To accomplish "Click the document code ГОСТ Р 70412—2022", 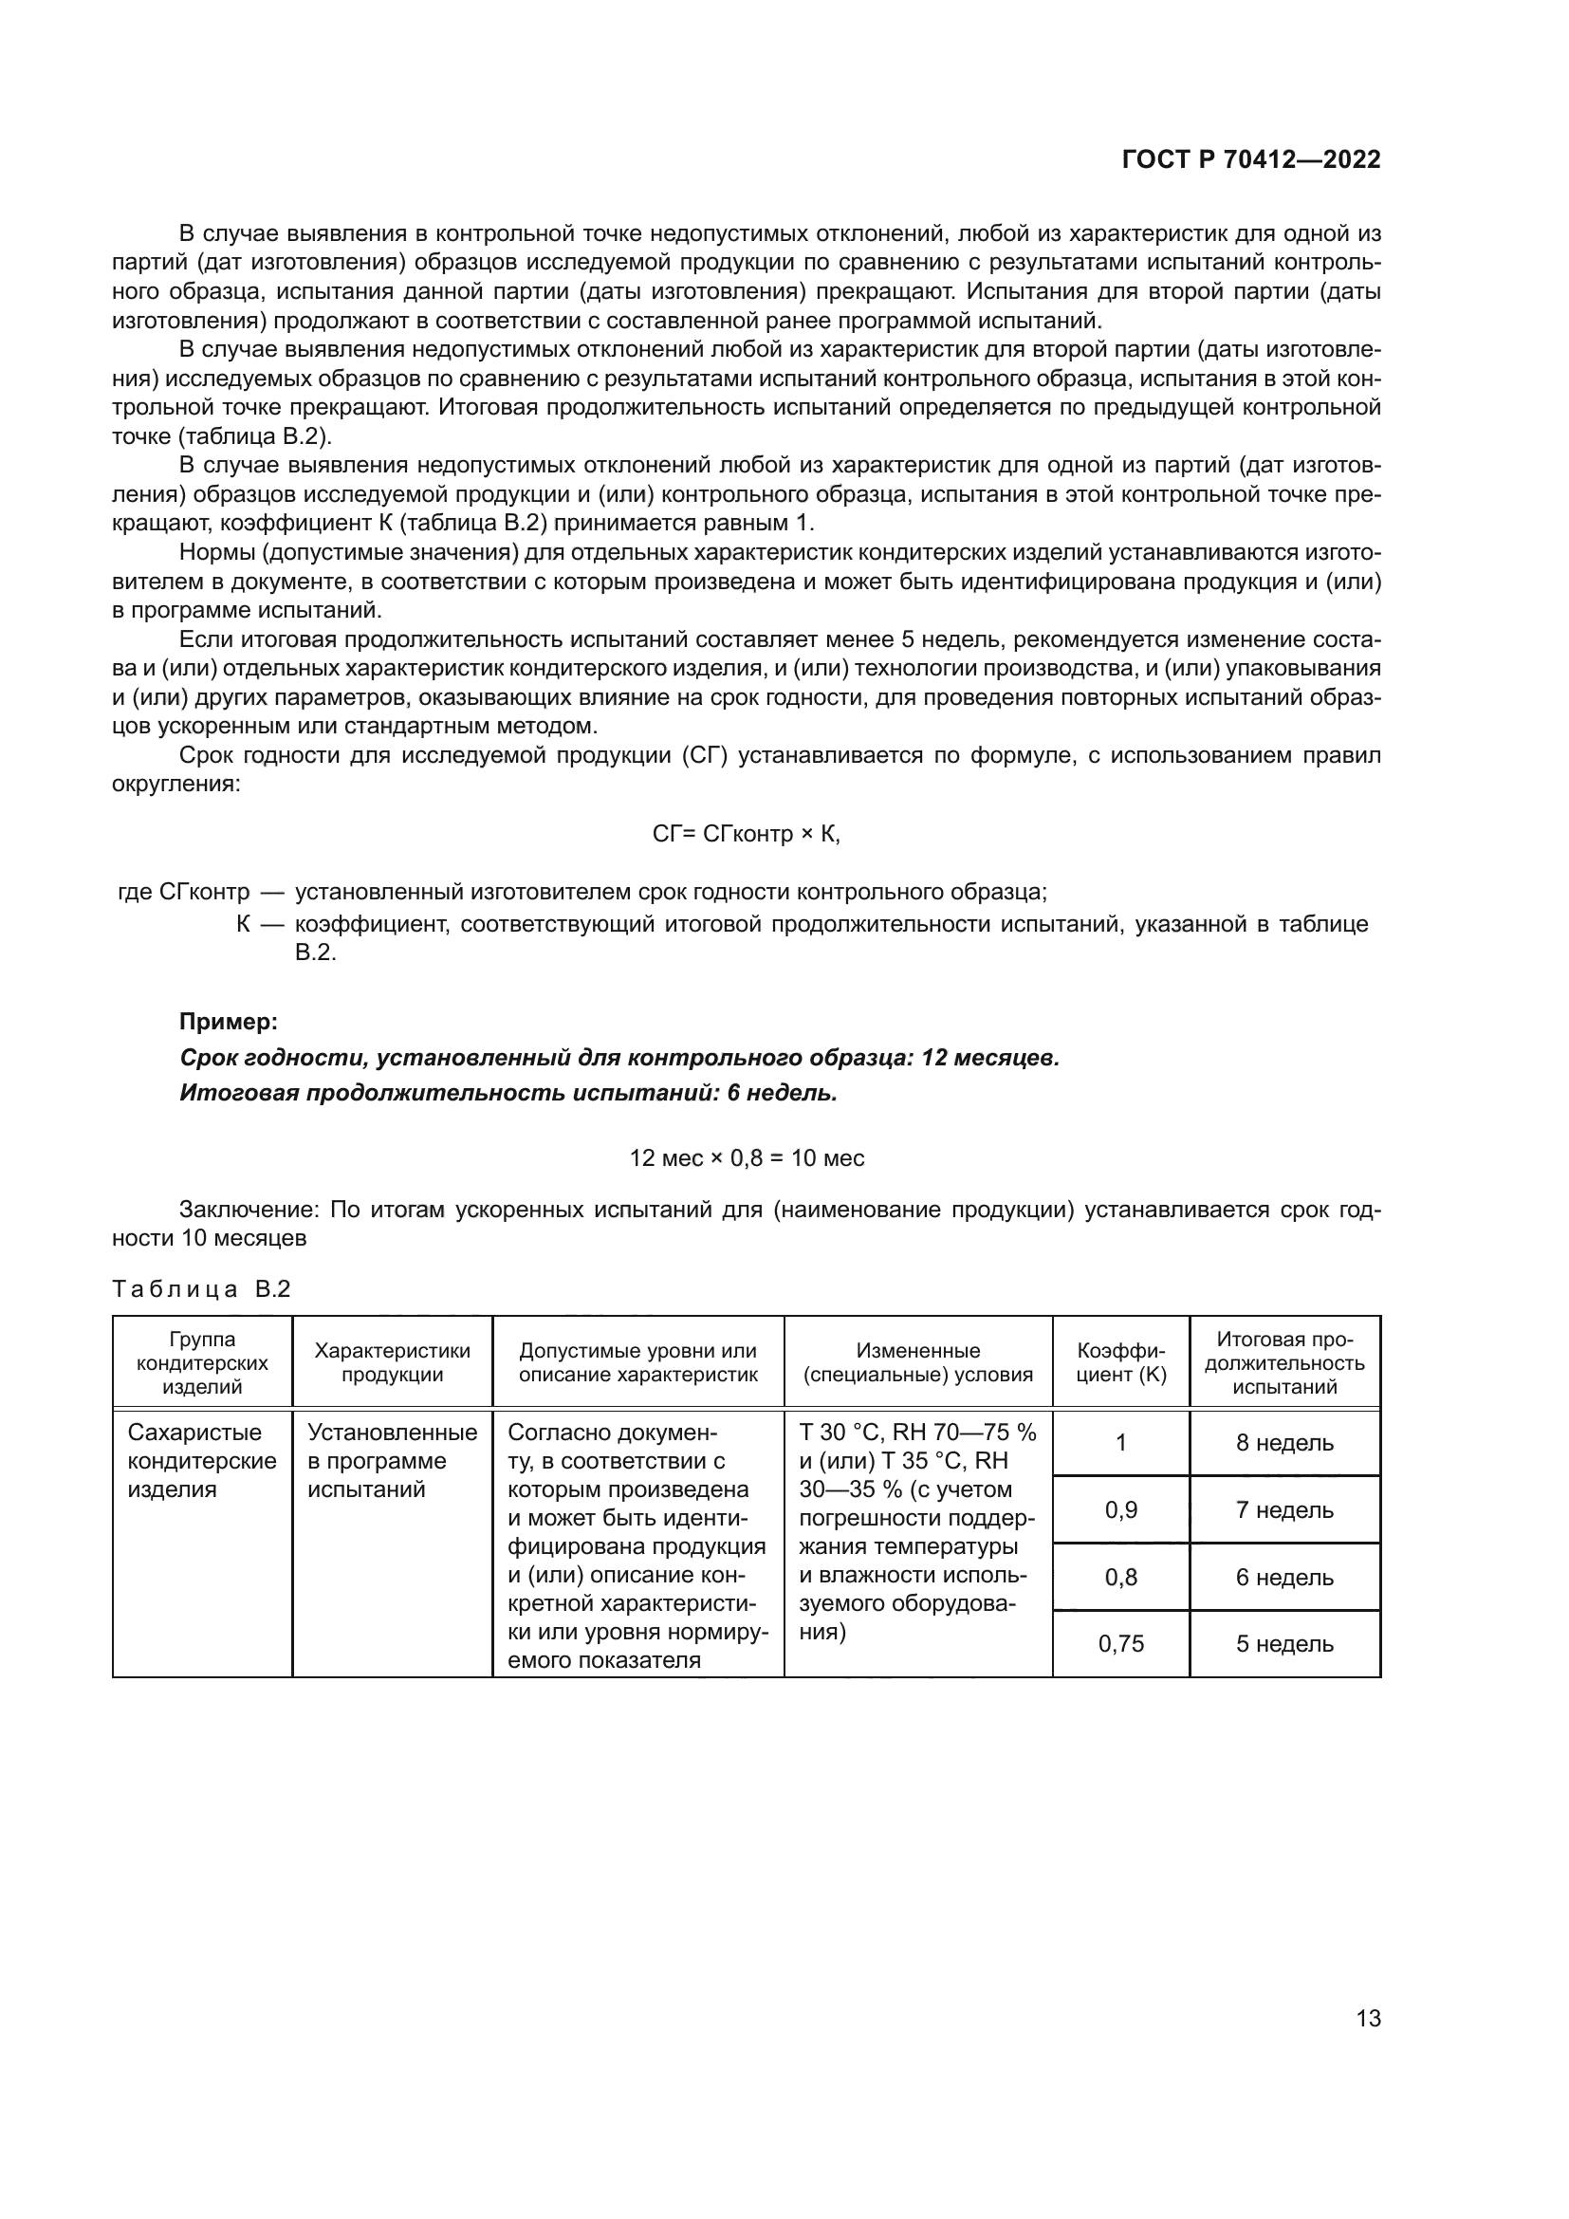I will tap(1251, 159).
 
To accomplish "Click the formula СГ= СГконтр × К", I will tap(746, 834).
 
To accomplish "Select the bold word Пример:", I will tap(229, 1021).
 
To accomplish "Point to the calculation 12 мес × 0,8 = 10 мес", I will tap(746, 1156).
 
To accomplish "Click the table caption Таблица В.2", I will tap(201, 1289).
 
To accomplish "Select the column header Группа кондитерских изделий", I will tap(202, 1362).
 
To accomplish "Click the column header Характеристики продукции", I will tap(393, 1362).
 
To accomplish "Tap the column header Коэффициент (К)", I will tap(1120, 1362).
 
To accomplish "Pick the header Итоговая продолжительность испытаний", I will tap(1284, 1362).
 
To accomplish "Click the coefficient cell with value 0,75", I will tap(1120, 1643).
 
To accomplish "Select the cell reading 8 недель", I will tap(1284, 1443).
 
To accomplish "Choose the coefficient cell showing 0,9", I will tap(1120, 1509).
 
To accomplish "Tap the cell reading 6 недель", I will tap(1284, 1578).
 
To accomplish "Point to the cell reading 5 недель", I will tap(1284, 1643).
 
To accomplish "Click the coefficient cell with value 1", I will tap(1120, 1443).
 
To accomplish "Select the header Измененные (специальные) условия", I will tap(918, 1362).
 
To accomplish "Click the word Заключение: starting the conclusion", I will tap(249, 1210).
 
